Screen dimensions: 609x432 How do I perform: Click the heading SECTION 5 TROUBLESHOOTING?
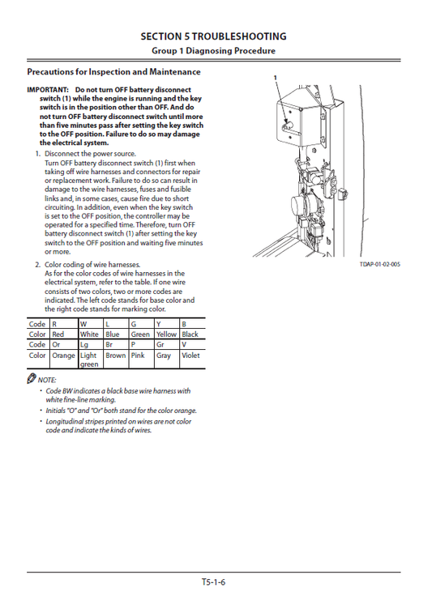coord(213,36)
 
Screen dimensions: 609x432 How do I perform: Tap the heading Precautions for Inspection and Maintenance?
coord(113,72)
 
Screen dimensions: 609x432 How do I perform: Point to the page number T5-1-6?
coord(215,581)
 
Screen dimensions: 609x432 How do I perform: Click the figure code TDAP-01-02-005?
coord(380,265)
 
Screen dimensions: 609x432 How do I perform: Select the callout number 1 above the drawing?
coord(276,76)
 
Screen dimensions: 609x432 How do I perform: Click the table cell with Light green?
coord(89,360)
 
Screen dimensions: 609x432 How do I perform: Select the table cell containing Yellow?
coord(166,334)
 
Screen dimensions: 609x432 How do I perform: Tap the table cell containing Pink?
coord(139,355)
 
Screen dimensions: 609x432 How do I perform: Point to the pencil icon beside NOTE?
coord(31,379)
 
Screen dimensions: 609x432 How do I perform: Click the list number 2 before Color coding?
coord(37,265)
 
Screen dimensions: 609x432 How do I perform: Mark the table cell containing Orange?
coord(63,355)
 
